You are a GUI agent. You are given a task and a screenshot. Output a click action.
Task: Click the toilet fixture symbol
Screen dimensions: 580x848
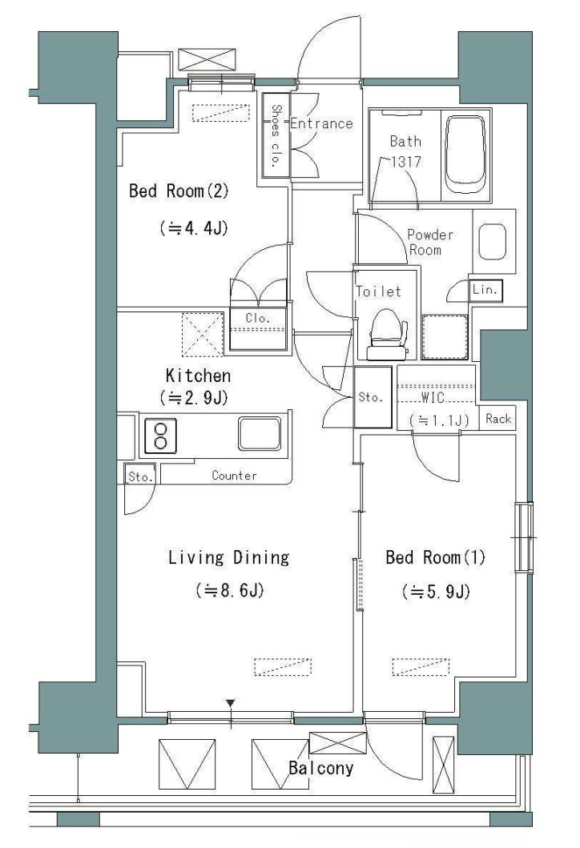[388, 335]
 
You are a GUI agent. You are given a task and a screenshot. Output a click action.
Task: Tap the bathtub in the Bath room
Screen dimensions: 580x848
[465, 155]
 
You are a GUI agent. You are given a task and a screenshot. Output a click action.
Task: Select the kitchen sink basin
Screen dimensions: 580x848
[260, 433]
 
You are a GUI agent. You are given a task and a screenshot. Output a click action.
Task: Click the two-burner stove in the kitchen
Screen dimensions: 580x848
[160, 436]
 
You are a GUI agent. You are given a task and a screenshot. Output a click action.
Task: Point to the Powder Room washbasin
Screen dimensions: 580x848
[493, 242]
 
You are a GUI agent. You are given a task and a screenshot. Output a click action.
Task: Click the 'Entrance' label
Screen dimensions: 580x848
[321, 124]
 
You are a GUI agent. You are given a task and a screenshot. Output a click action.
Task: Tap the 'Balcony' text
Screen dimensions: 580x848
[320, 768]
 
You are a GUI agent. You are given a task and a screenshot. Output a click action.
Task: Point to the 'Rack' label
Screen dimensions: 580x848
[498, 419]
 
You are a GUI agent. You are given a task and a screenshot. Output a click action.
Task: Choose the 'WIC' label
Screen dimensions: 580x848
[433, 398]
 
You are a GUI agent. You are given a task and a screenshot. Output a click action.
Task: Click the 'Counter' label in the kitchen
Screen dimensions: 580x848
[234, 476]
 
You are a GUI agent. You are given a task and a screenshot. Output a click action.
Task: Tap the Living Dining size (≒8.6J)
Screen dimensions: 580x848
[229, 590]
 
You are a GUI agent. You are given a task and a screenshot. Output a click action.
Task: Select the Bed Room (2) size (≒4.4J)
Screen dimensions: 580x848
[194, 228]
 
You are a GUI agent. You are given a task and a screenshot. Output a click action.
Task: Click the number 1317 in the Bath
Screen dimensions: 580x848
[406, 161]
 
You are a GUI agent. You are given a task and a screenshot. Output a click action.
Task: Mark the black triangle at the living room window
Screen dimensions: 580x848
[231, 704]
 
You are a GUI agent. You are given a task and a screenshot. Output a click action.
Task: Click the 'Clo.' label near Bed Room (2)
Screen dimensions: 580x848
[257, 318]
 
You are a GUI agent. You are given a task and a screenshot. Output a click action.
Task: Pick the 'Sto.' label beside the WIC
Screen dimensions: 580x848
[371, 397]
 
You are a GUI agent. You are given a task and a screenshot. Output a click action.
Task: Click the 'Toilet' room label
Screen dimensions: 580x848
[379, 291]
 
